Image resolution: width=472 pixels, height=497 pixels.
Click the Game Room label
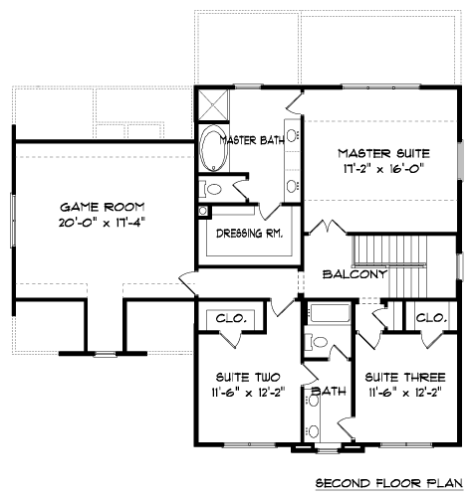(103, 207)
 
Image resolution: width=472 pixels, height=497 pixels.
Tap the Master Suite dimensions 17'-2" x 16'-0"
(384, 169)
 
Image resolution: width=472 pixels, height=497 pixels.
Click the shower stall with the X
(214, 104)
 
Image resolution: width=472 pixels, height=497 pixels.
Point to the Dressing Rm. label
(250, 234)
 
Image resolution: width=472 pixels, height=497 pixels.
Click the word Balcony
(354, 274)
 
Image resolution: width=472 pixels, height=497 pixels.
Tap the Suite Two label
(248, 378)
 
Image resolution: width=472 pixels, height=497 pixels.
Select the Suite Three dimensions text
(405, 393)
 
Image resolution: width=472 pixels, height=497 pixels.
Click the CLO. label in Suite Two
(231, 319)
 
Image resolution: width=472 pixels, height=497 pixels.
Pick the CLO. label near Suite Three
(431, 318)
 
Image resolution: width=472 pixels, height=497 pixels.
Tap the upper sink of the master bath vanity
(292, 135)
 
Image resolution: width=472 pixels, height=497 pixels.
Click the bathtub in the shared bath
(330, 313)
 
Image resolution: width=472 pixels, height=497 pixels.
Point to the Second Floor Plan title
(388, 483)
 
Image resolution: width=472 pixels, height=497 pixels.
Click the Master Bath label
(252, 140)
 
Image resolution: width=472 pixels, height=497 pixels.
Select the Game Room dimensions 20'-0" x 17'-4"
(103, 223)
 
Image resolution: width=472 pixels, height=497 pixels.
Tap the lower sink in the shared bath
(313, 431)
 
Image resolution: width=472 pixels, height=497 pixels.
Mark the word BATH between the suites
(329, 392)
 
